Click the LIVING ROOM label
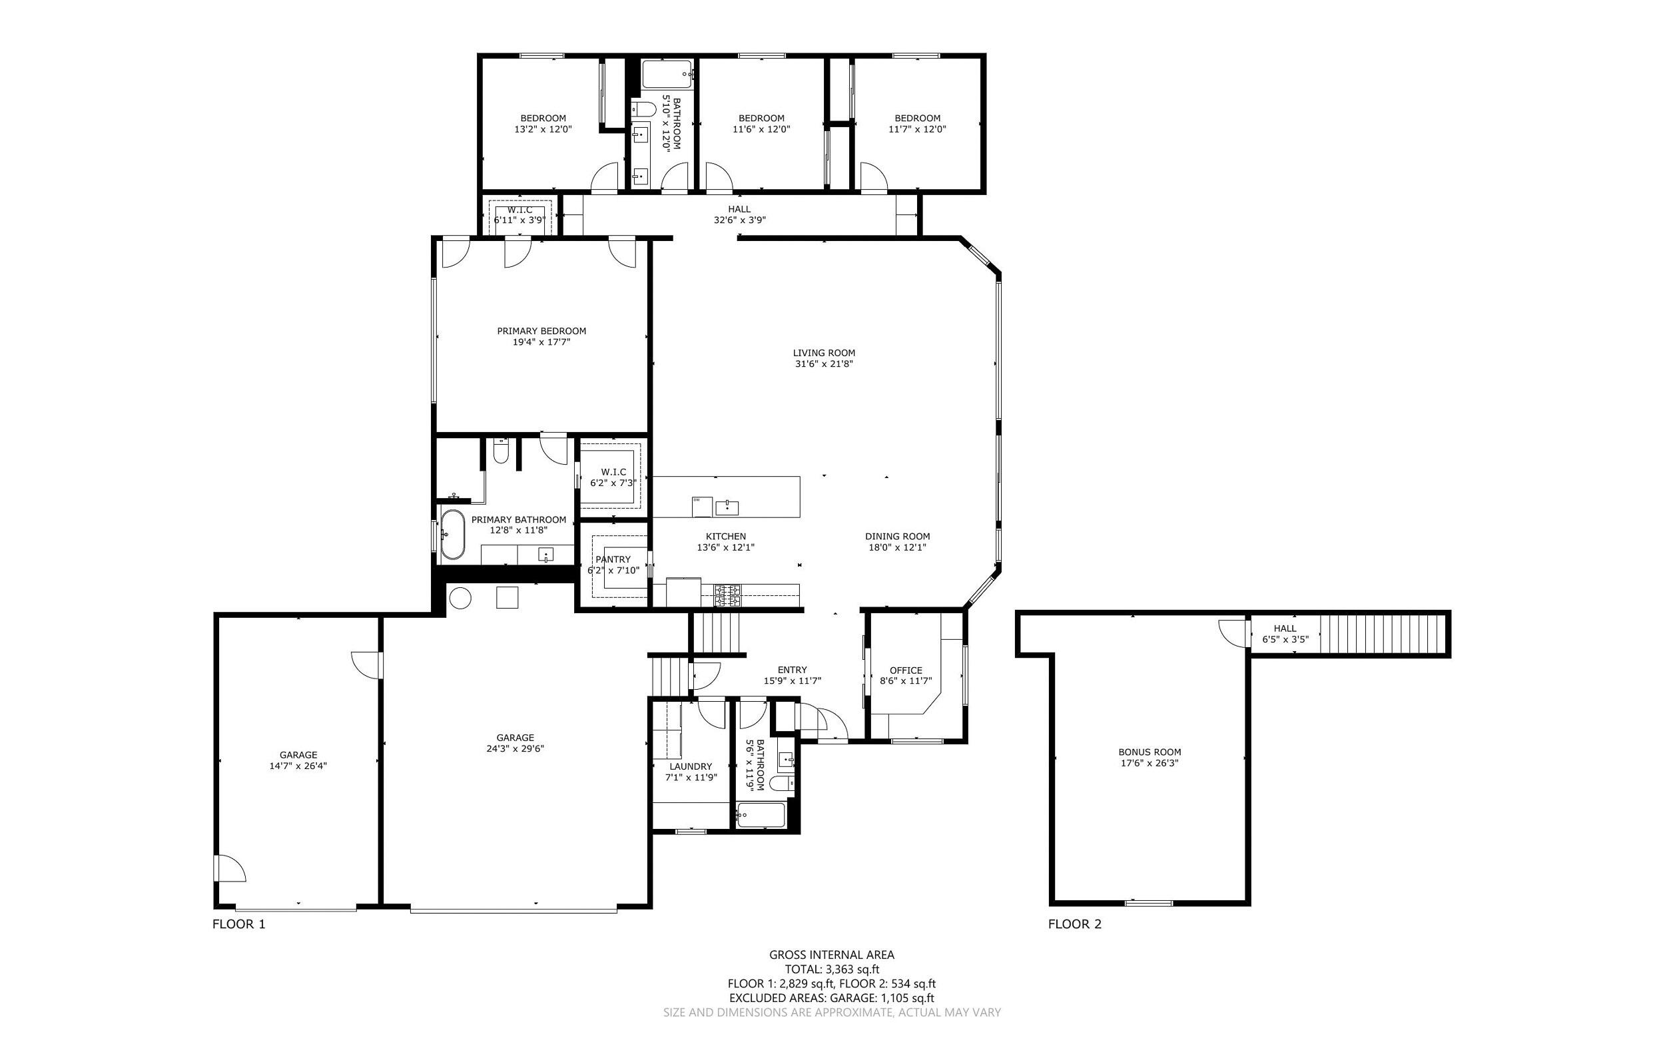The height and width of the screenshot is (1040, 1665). click(824, 353)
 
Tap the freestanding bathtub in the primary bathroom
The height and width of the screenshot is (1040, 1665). click(452, 534)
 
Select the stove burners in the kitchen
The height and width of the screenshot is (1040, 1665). click(728, 595)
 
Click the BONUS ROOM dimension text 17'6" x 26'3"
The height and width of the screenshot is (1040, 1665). click(1149, 763)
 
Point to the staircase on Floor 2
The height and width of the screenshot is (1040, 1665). click(1383, 634)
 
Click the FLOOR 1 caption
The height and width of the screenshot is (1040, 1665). click(238, 923)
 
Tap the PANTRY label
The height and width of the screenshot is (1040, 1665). click(612, 559)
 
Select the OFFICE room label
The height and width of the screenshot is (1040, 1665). click(906, 670)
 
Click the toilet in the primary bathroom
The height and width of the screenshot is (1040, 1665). click(500, 453)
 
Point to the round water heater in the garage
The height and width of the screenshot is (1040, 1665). click(460, 597)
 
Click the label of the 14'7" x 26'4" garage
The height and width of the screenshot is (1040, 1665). click(298, 754)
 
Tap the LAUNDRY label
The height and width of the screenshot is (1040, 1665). click(691, 766)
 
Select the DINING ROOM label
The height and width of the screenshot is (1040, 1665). click(897, 537)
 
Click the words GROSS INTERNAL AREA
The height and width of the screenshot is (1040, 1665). click(831, 954)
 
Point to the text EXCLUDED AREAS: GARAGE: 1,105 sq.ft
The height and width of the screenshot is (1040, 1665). click(831, 997)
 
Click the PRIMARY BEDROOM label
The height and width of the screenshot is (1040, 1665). click(541, 331)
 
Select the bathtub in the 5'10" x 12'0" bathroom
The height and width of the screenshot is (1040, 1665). click(666, 75)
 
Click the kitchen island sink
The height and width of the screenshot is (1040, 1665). click(727, 507)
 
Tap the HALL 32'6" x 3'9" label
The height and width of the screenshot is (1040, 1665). click(739, 209)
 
